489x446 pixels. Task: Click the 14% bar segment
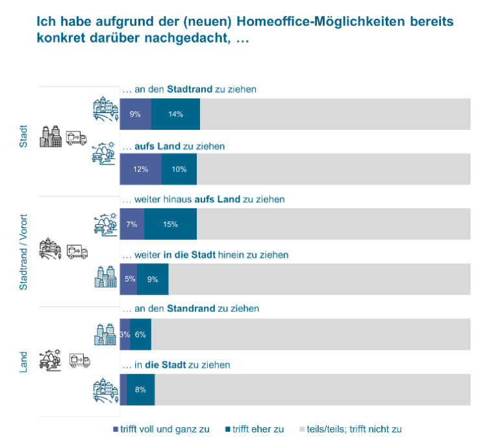175,114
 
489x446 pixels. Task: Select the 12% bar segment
141,169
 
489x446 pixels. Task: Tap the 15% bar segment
170,224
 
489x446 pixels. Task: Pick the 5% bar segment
129,279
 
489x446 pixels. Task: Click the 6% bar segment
141,334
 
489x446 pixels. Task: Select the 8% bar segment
141,389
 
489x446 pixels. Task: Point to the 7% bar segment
132,224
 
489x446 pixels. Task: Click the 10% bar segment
179,169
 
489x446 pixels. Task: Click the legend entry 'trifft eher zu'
255,429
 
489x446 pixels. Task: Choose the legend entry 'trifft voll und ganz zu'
161,429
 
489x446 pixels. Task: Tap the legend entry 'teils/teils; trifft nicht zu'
351,429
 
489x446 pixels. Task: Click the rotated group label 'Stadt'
23,136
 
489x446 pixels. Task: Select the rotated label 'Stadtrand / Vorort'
23,252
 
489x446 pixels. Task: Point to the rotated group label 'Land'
23,362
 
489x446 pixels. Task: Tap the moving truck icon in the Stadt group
77,138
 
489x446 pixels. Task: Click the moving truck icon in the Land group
80,360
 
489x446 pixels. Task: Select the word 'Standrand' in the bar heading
191,309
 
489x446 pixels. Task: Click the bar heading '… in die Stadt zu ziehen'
176,365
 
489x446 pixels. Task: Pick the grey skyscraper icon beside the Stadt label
51,136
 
